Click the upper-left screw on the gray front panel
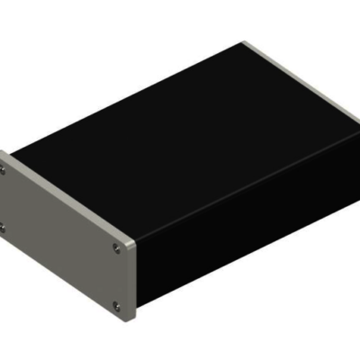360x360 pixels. [x=4, y=167]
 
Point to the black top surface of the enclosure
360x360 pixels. [x=180, y=126]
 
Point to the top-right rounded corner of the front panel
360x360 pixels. [x=131, y=242]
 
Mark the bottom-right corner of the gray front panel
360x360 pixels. [x=132, y=320]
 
